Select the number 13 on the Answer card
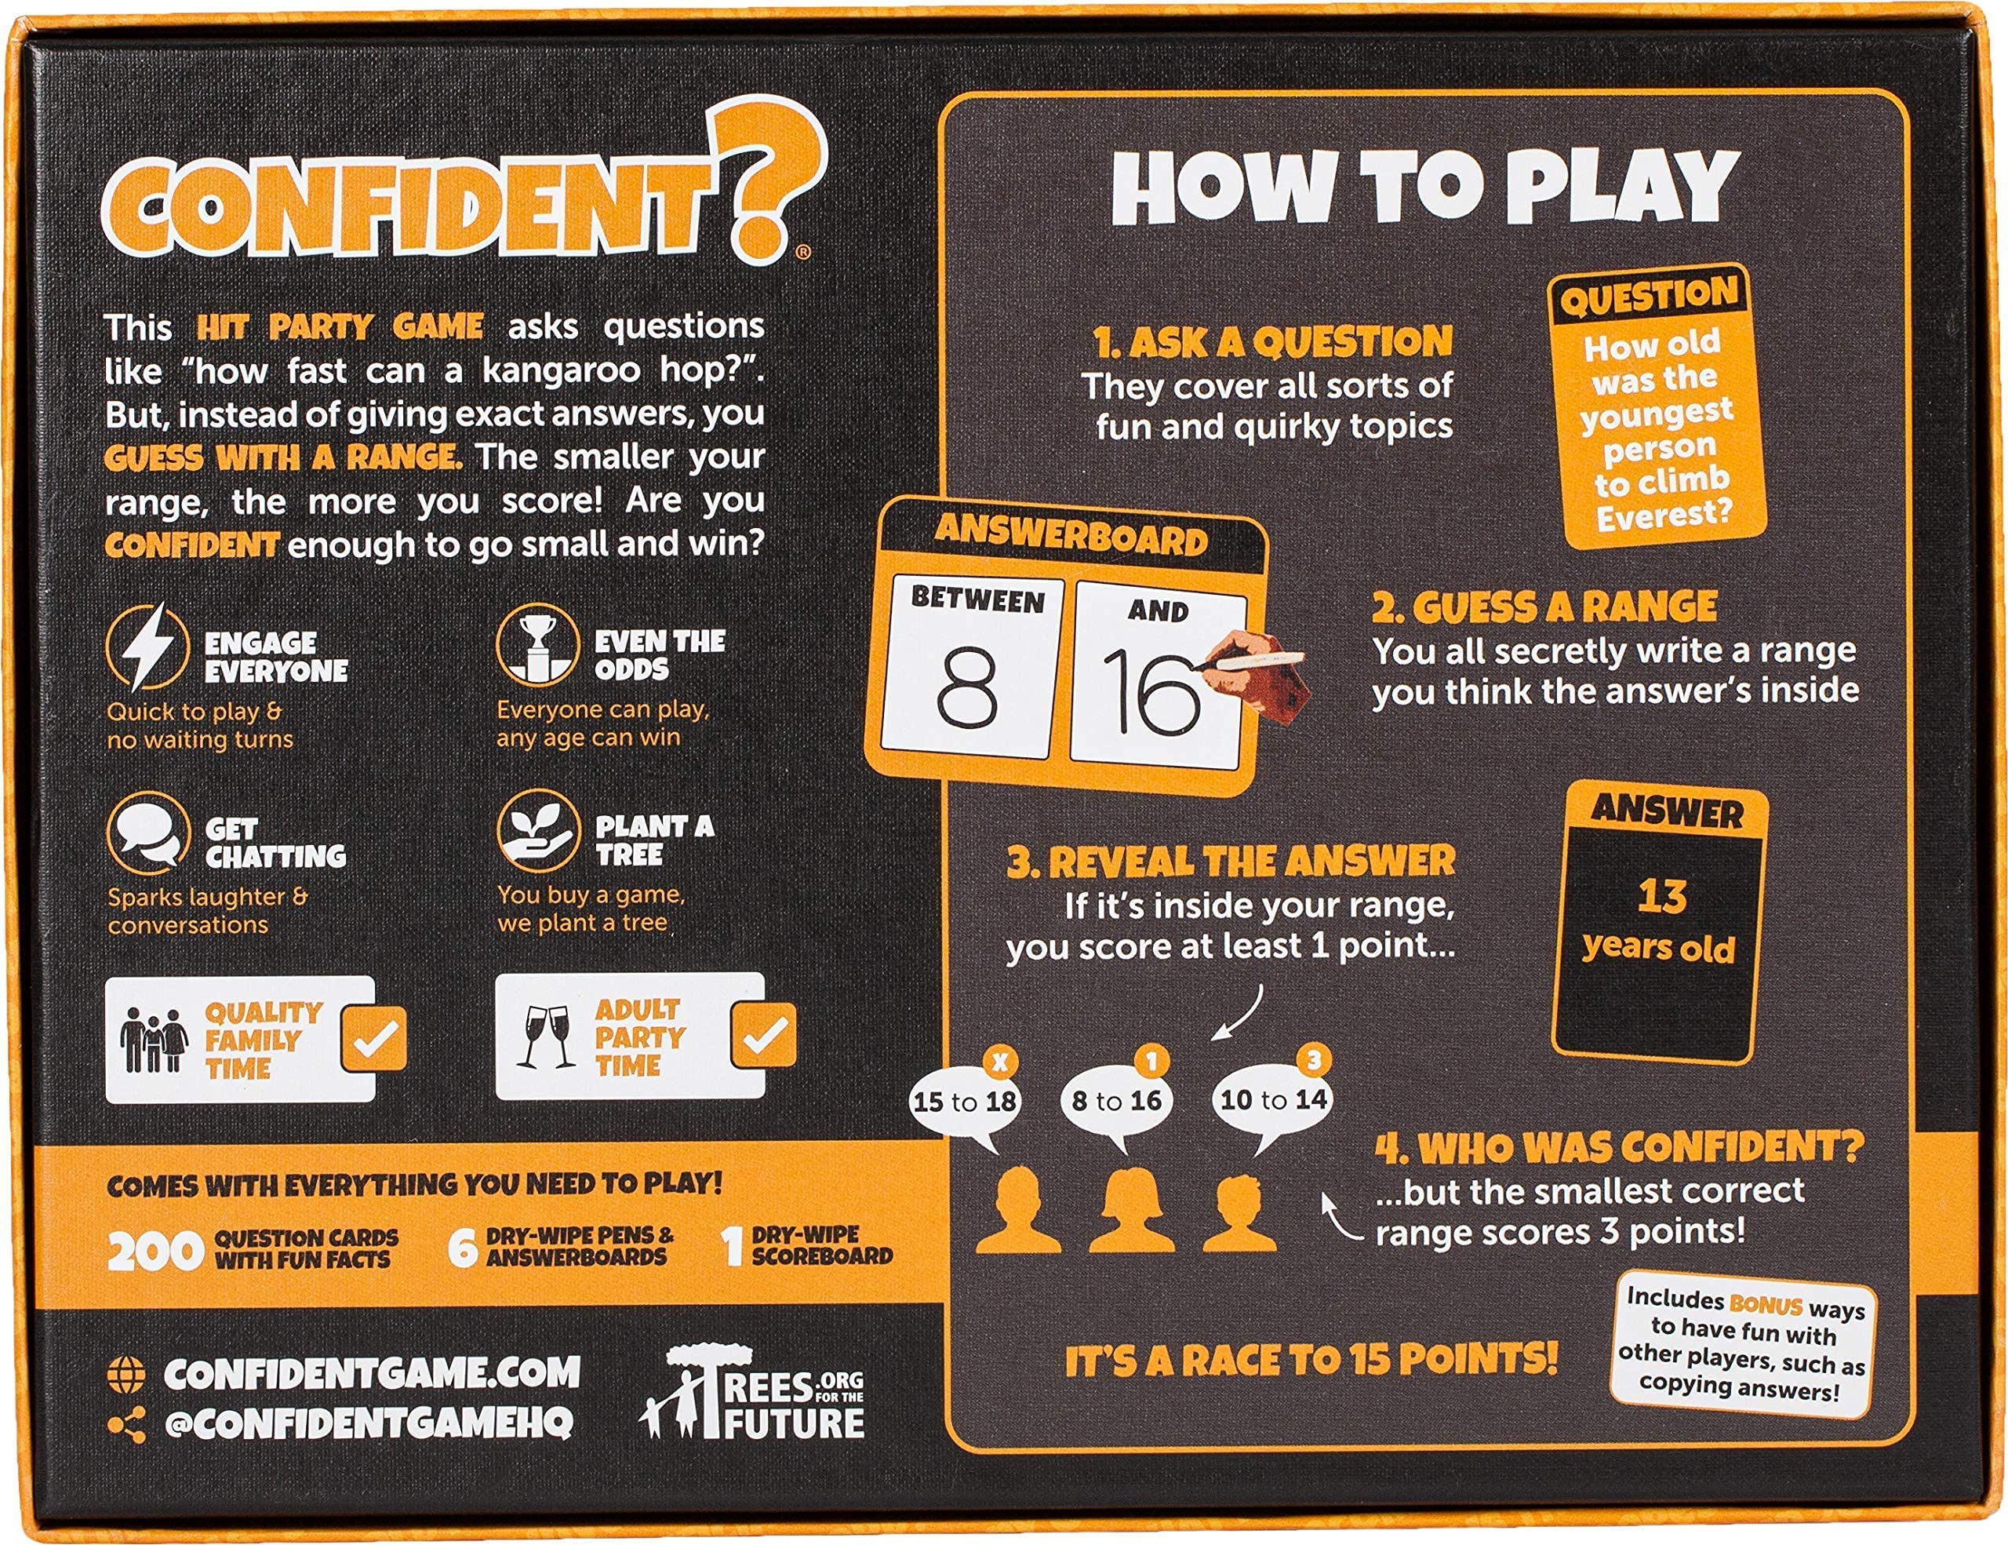(1661, 897)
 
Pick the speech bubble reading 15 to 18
(963, 1102)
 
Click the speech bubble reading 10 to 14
(1273, 1100)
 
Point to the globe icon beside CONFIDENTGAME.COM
(127, 1375)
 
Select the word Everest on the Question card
(1663, 516)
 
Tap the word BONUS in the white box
(1766, 1304)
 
